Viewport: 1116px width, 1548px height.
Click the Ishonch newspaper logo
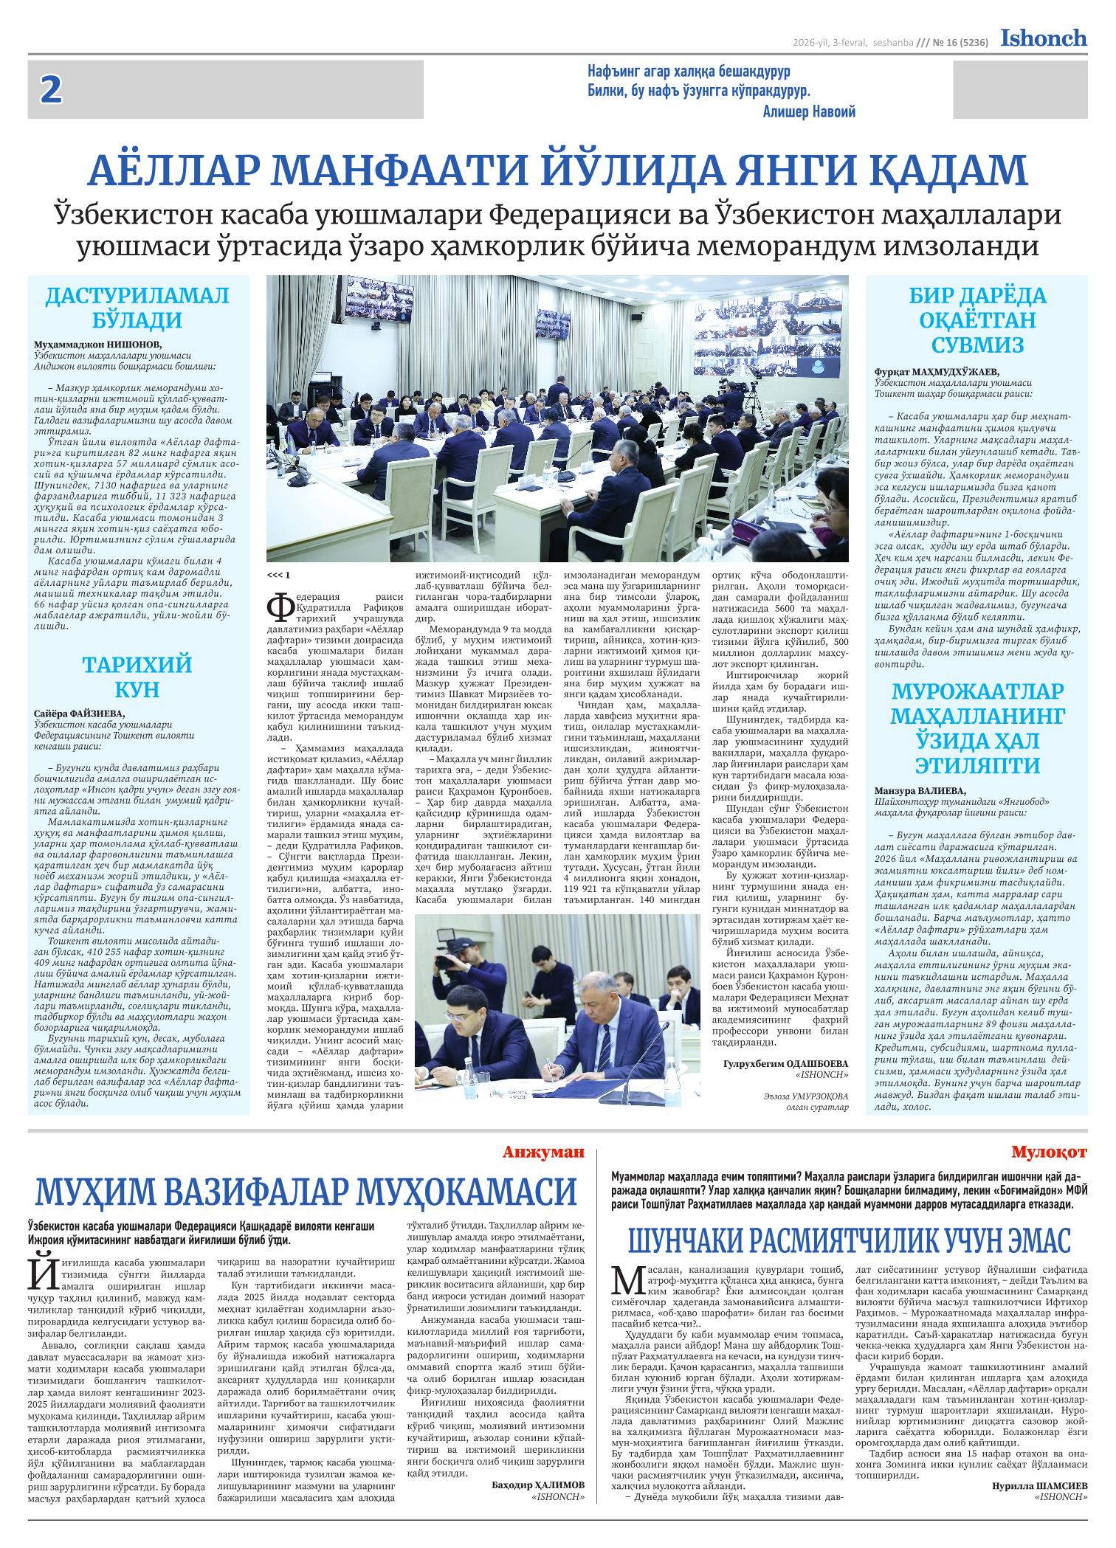[1043, 38]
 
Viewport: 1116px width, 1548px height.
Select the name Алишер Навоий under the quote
[808, 112]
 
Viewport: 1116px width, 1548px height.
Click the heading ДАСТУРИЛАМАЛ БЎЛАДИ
[137, 308]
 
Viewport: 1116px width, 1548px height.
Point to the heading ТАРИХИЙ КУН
[137, 677]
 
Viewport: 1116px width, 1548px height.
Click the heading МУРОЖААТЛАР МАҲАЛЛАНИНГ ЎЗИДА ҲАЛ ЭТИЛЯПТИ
[977, 728]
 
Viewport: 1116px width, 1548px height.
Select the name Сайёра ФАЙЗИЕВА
[80, 713]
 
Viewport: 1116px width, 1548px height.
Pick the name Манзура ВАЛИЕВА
[920, 790]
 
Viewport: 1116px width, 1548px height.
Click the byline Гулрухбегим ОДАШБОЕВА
[787, 1063]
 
